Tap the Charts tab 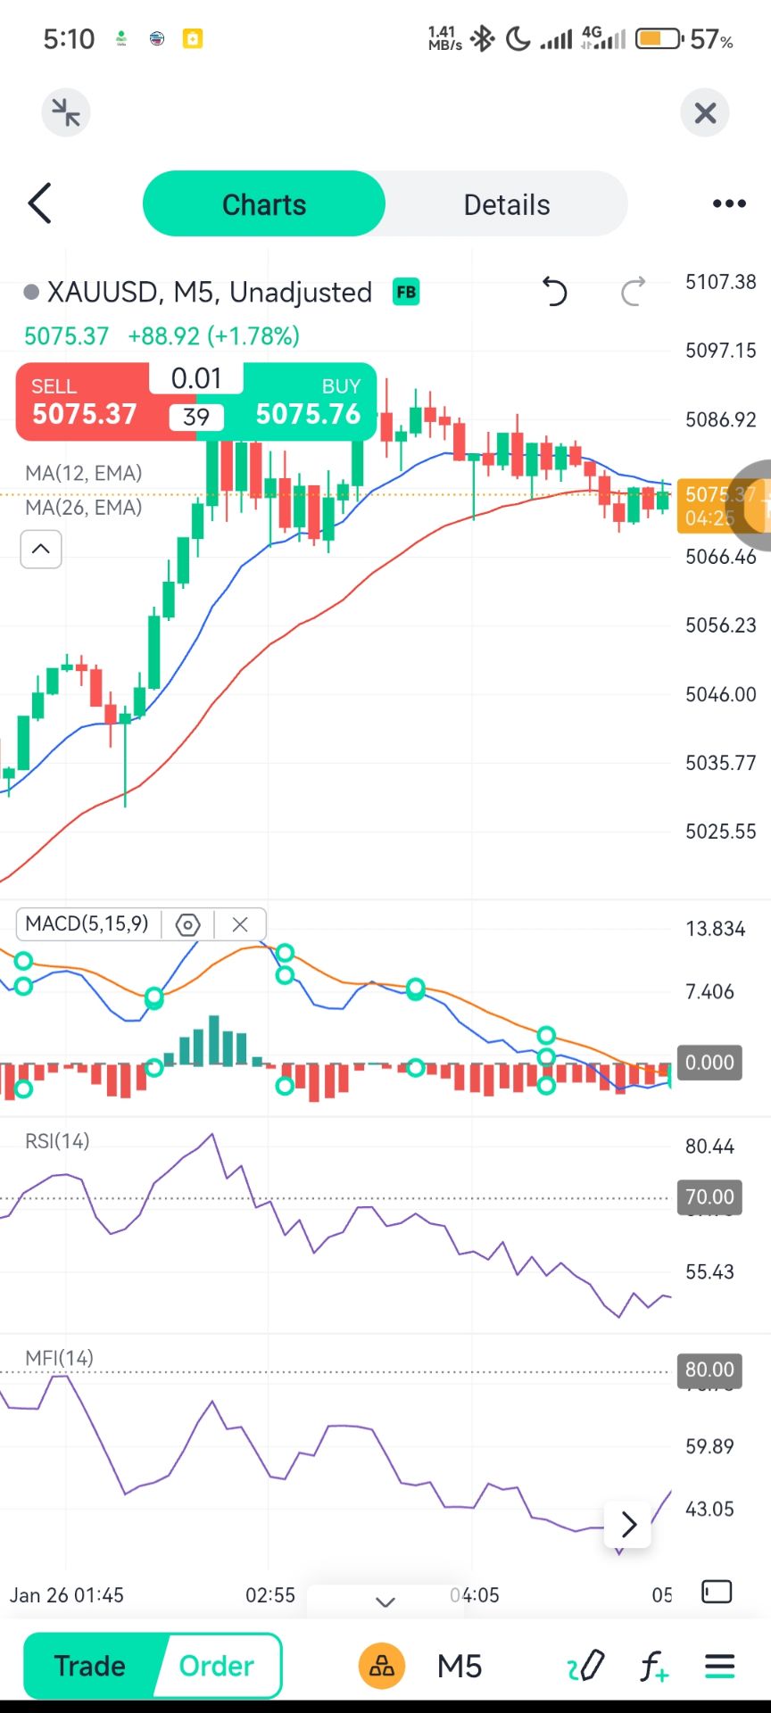[x=264, y=204]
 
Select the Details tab [x=506, y=204]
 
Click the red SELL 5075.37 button [x=84, y=403]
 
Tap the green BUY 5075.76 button [x=308, y=403]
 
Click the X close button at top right [x=705, y=113]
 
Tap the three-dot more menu [x=729, y=204]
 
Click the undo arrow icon [x=554, y=292]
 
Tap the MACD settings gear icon [x=187, y=924]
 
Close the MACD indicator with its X [x=240, y=924]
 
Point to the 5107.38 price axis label [x=720, y=282]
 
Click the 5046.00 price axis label [x=720, y=694]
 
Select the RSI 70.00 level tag [x=709, y=1196]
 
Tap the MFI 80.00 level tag [x=709, y=1370]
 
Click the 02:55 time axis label [x=270, y=1594]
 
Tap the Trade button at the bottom [x=89, y=1666]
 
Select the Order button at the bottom [x=217, y=1666]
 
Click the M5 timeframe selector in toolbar [x=460, y=1666]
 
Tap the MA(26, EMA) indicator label [x=84, y=508]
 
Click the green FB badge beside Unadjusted [x=406, y=292]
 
